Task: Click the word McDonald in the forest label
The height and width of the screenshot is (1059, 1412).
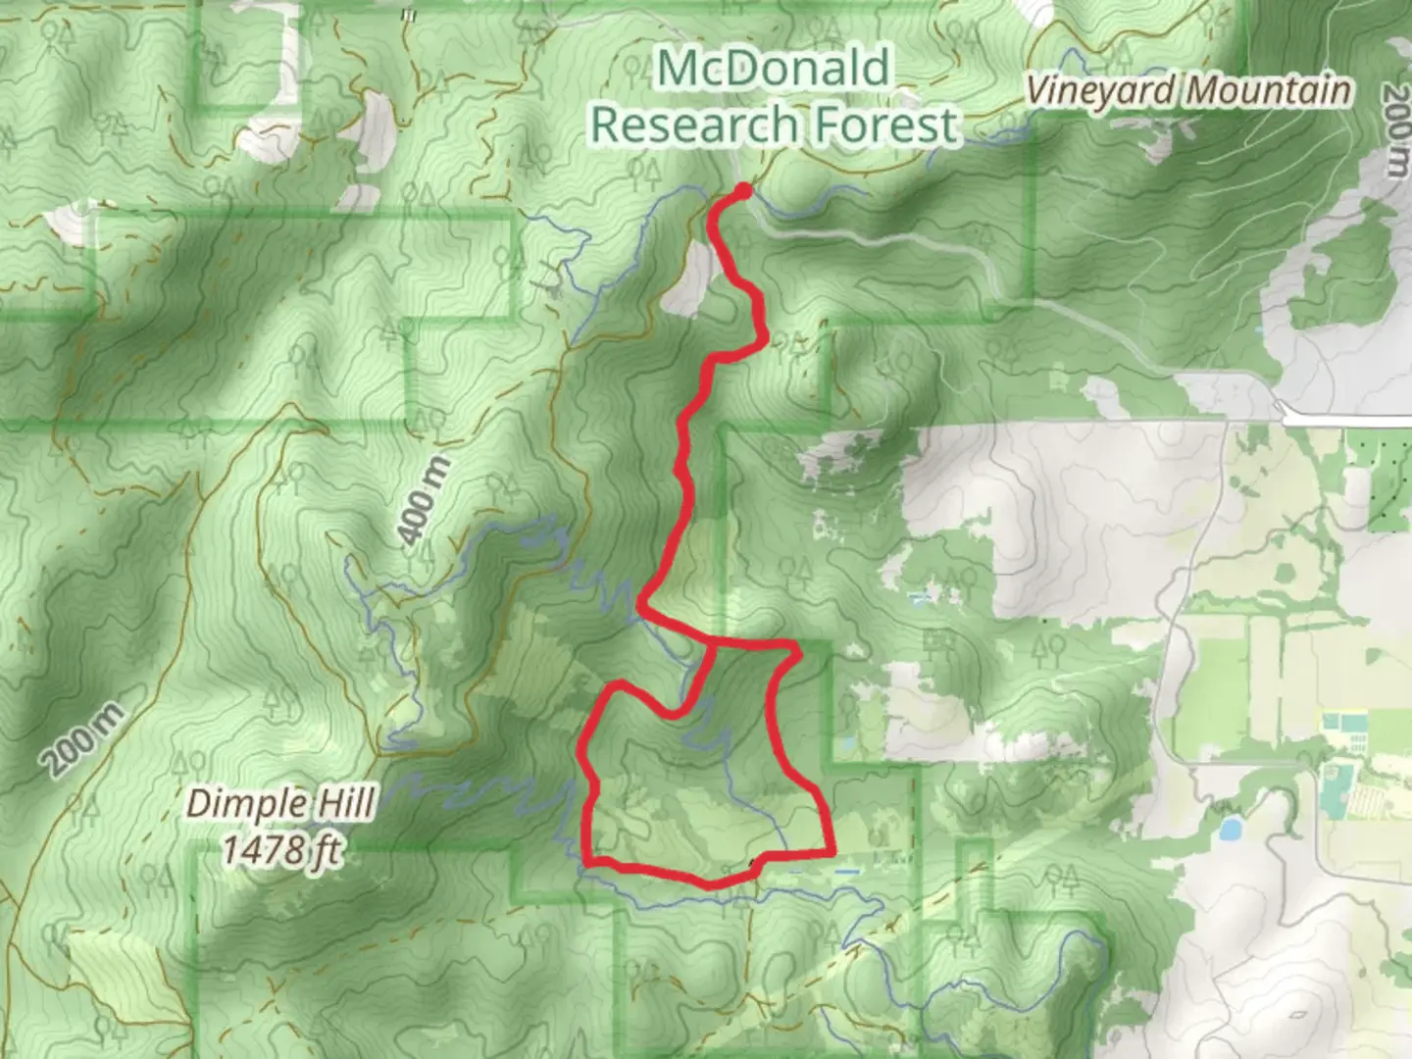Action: (x=774, y=69)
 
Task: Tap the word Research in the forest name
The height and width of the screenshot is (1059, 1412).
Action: (x=692, y=126)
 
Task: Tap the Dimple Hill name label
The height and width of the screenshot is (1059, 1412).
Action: (x=280, y=804)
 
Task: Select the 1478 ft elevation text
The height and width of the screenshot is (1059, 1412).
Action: (x=280, y=848)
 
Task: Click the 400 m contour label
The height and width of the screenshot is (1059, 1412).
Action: (x=425, y=500)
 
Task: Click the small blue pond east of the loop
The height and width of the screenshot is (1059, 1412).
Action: (x=1228, y=831)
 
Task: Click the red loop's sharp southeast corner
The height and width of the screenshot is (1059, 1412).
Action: (x=832, y=851)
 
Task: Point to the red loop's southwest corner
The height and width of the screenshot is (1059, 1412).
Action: (x=586, y=863)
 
